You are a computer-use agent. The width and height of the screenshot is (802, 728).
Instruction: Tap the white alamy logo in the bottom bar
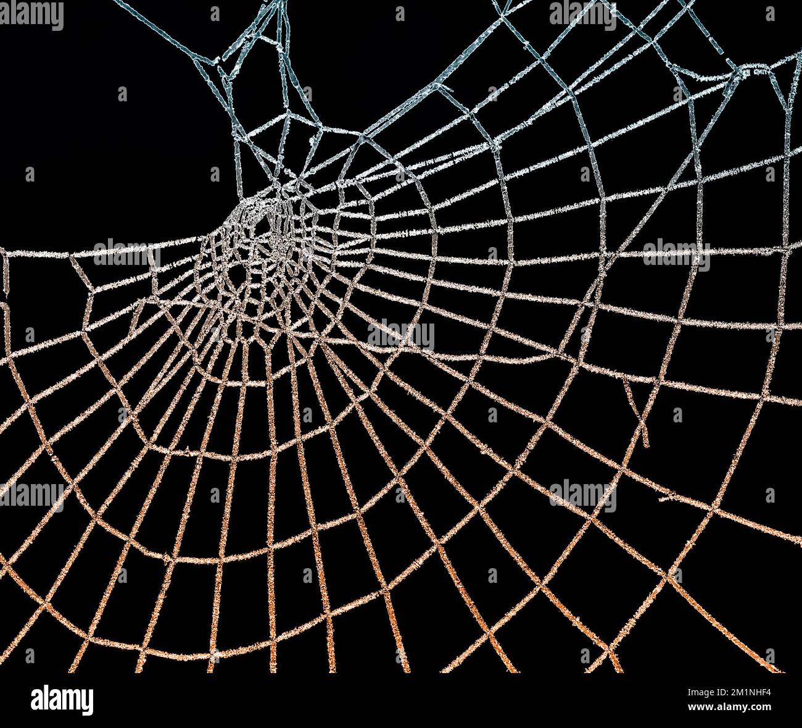click(x=62, y=700)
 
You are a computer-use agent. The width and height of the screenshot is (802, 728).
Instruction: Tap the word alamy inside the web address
click(x=733, y=707)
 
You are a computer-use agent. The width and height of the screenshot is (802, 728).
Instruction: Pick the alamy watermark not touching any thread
click(x=31, y=15)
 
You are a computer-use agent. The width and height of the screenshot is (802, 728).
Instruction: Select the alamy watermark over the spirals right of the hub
click(x=401, y=335)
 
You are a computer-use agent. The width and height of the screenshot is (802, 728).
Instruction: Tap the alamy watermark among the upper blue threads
click(x=582, y=15)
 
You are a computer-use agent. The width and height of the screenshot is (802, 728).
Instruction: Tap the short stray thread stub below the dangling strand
click(x=676, y=496)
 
